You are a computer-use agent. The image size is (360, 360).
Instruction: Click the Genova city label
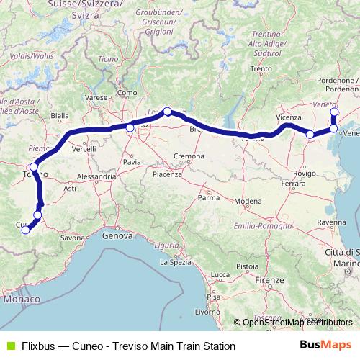coord(117,235)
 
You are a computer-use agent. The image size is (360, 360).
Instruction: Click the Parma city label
coord(209,197)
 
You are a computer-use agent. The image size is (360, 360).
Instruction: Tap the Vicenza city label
coord(288,117)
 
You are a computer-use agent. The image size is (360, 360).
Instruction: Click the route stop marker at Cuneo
coord(25,230)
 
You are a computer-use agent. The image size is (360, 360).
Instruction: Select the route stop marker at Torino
coord(33,167)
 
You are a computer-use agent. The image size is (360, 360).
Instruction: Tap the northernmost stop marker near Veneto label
coord(333,112)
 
